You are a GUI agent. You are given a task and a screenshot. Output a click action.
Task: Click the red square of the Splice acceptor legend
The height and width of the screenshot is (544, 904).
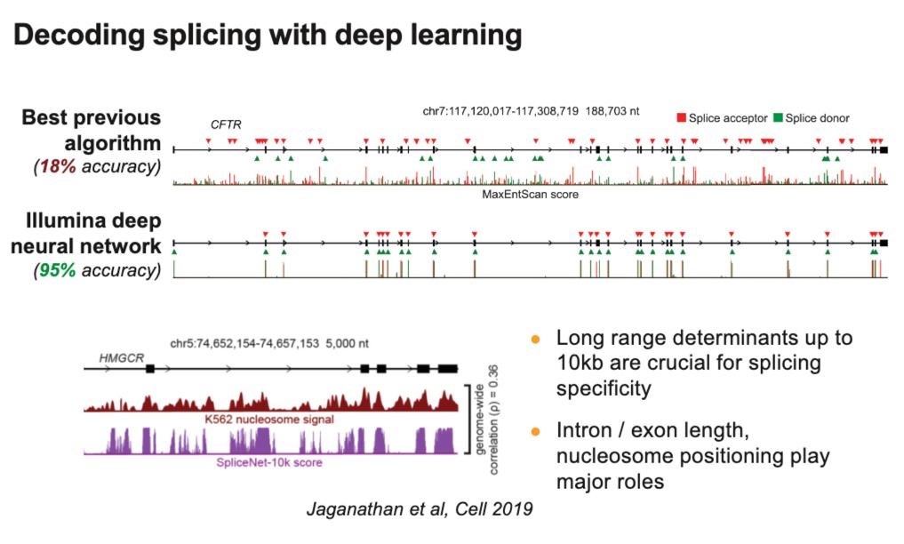682,117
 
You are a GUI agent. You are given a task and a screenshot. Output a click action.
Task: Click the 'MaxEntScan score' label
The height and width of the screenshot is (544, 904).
530,194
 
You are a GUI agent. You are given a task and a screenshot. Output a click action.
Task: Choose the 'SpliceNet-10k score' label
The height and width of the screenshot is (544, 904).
270,462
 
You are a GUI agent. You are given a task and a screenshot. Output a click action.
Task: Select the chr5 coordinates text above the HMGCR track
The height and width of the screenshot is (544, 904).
268,343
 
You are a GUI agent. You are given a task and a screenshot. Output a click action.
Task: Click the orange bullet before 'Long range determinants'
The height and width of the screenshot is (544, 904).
535,340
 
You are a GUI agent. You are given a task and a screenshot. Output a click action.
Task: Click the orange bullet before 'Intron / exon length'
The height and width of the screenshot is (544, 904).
535,432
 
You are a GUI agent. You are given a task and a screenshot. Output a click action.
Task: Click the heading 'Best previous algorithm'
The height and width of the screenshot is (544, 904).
92,131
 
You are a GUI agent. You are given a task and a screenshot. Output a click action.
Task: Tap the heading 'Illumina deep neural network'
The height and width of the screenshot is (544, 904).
92,232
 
